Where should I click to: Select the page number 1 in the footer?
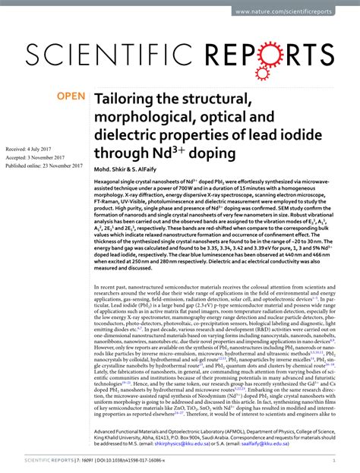(x=334, y=460)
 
